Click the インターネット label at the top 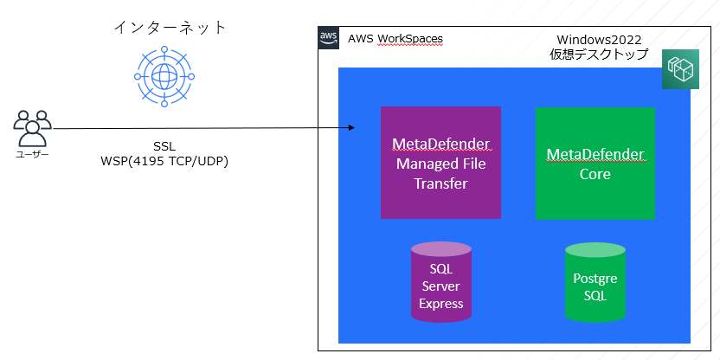[170, 28]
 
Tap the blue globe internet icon [162, 76]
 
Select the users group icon [33, 129]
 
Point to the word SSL [164, 145]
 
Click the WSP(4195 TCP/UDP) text [164, 161]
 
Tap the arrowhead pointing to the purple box [351, 128]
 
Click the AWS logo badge [328, 38]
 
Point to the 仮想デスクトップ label [599, 55]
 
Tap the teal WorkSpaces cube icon [680, 69]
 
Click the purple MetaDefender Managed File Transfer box [440, 163]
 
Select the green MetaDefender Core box [595, 163]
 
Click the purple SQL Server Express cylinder [441, 281]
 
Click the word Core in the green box [595, 174]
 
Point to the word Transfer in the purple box [440, 183]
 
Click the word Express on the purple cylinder [441, 304]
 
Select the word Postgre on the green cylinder [595, 278]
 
